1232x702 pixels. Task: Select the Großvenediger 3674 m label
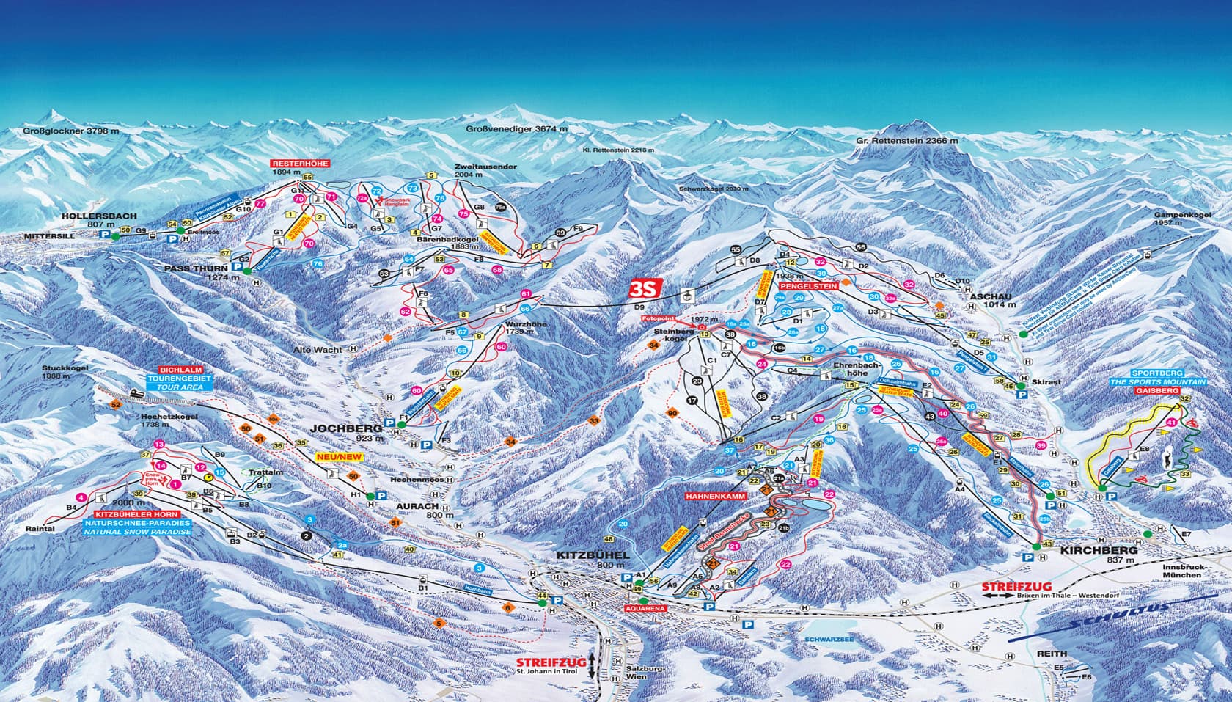(x=517, y=130)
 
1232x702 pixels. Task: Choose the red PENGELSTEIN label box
(x=808, y=284)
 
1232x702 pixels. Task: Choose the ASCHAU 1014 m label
(x=991, y=301)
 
